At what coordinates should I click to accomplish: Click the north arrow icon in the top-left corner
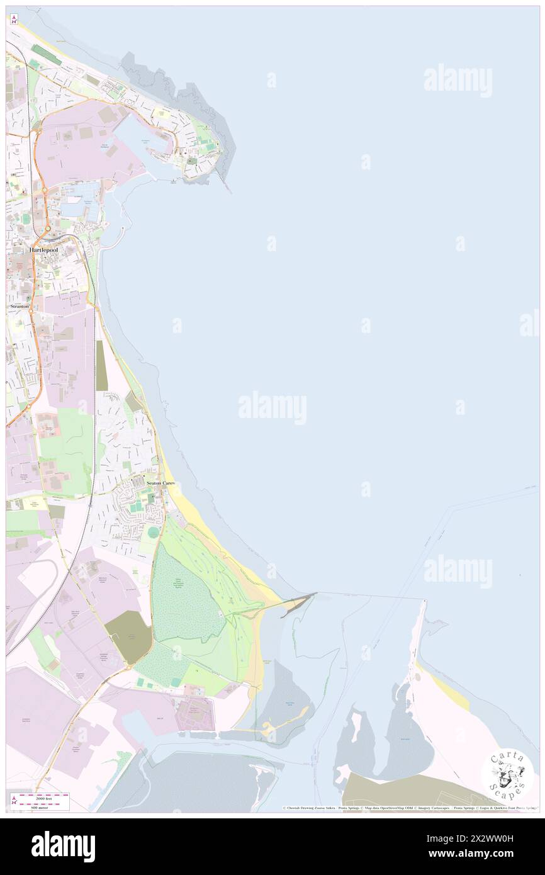pyautogui.click(x=13, y=19)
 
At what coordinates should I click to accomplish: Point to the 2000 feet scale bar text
pyautogui.click(x=42, y=798)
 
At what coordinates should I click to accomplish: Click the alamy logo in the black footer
pyautogui.click(x=63, y=846)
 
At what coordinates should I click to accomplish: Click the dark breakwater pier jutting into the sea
pyautogui.click(x=297, y=604)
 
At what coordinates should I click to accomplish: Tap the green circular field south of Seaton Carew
pyautogui.click(x=154, y=533)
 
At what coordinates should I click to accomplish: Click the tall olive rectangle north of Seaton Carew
pyautogui.click(x=101, y=365)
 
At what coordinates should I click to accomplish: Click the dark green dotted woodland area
pyautogui.click(x=186, y=598)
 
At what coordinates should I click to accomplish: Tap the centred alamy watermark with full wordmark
pyautogui.click(x=272, y=408)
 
